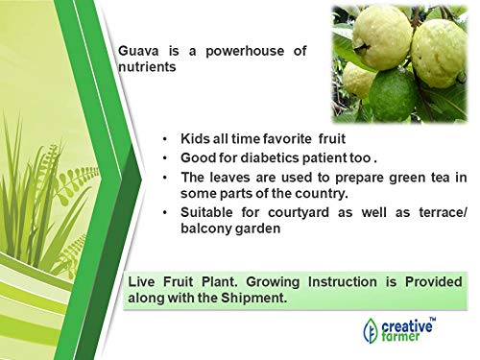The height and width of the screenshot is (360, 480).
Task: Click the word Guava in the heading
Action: point(138,51)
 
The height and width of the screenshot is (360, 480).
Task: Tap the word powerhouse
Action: point(245,51)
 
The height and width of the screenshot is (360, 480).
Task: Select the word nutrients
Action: point(147,67)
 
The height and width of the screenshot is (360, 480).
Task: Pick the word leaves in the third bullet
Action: point(228,178)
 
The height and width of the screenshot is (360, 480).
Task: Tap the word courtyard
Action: point(299,212)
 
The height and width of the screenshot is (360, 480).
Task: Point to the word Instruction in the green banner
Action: point(343,282)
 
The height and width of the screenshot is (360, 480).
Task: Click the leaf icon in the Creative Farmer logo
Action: point(371,331)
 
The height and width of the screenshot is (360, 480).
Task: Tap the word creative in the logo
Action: point(406,326)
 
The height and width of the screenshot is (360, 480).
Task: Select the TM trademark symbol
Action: point(432,319)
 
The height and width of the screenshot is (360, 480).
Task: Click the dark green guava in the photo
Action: point(394,95)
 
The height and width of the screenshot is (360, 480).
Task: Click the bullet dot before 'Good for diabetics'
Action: point(165,158)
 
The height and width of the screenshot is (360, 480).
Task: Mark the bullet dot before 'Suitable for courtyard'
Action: point(165,213)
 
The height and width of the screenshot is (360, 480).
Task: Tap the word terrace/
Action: point(444,212)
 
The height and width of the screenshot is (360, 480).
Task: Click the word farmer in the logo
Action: point(400,337)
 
